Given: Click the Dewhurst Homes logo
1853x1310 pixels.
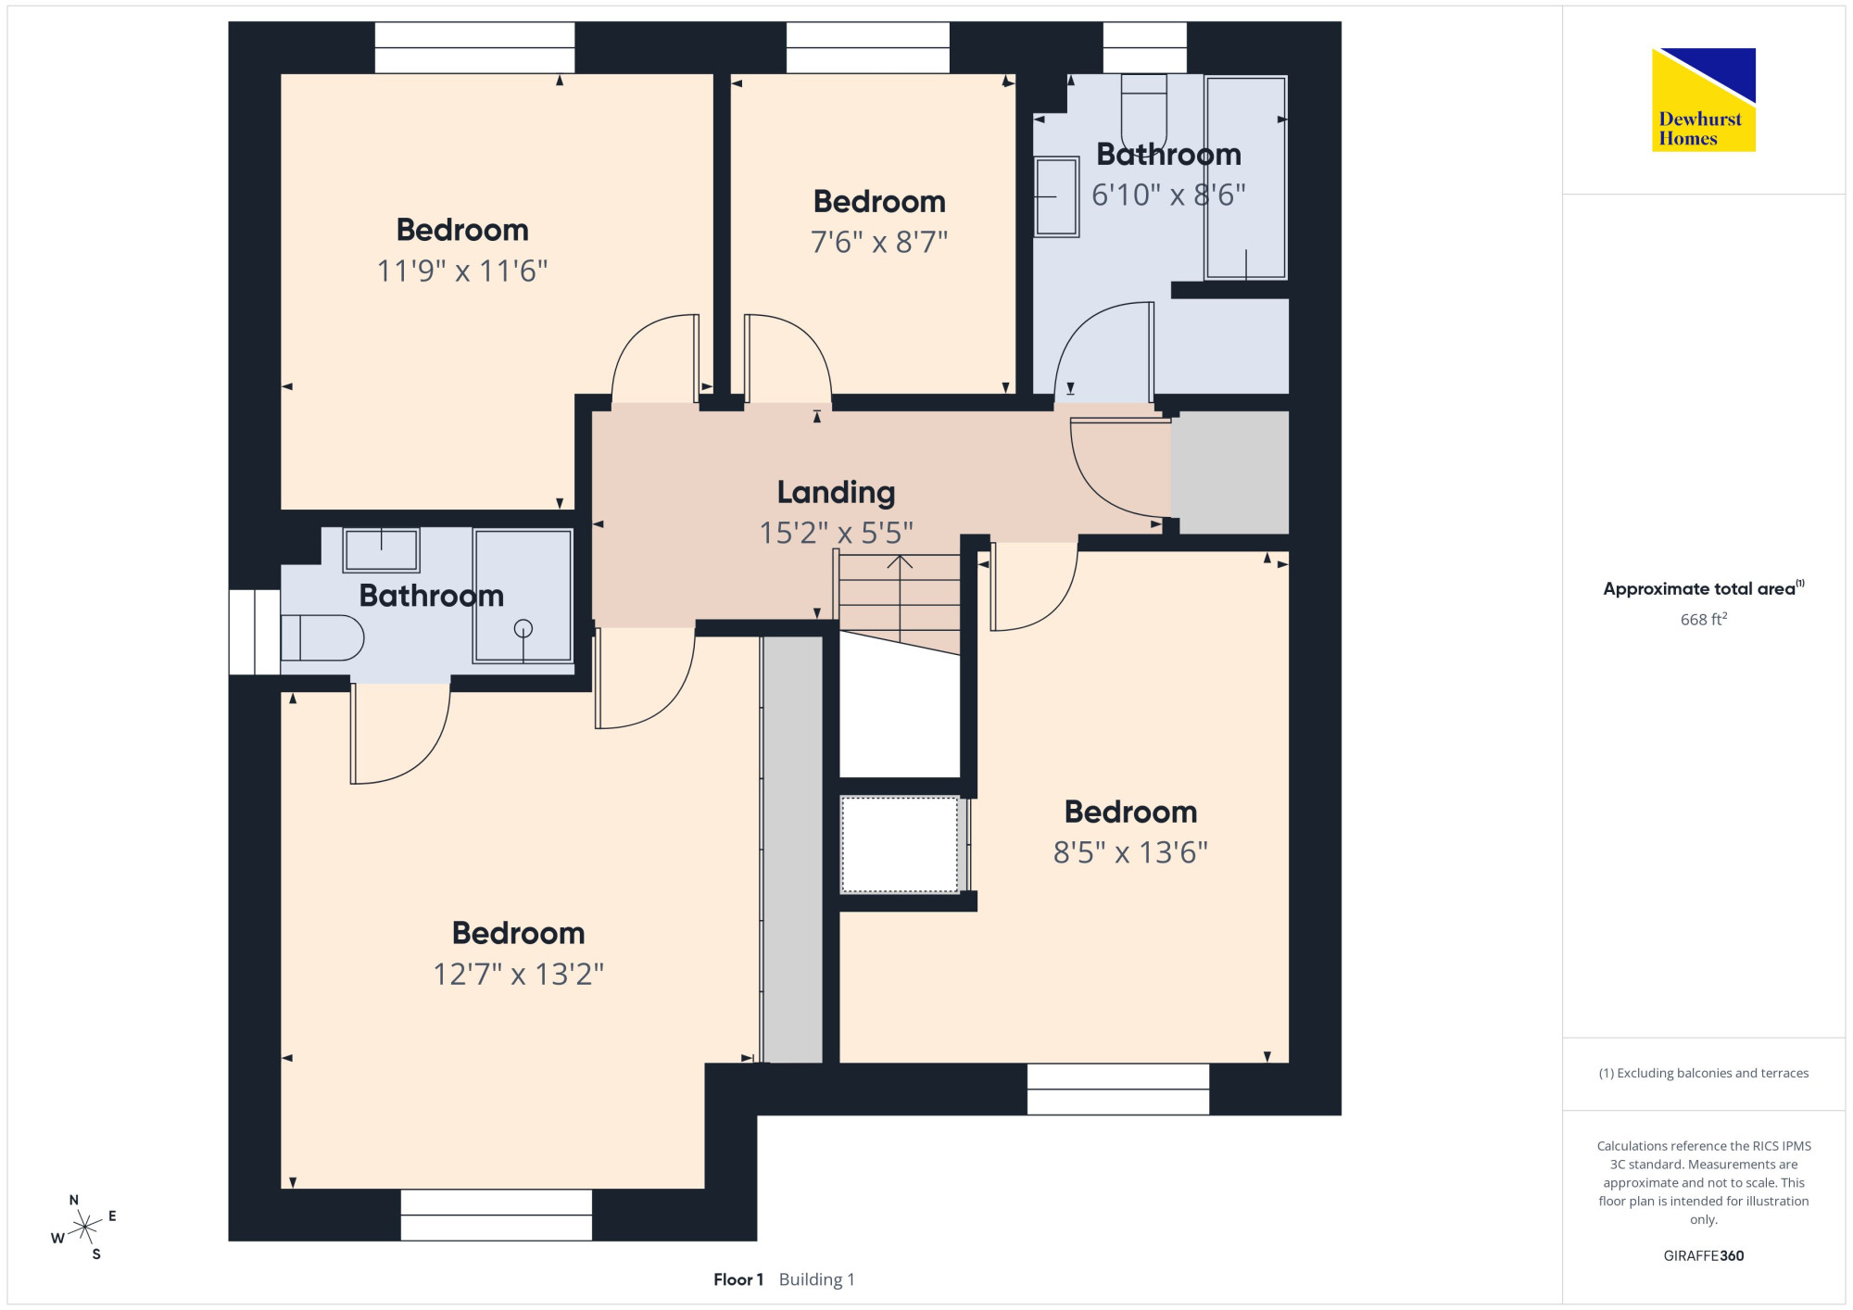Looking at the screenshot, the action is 1703,100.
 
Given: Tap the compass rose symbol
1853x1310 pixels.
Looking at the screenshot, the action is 84,1228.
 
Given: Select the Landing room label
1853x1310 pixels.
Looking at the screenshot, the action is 836,493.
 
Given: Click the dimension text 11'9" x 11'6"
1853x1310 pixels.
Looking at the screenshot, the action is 462,271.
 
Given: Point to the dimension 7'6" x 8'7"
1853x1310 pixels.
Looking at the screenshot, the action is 879,243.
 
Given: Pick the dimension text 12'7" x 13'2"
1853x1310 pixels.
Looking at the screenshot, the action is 519,975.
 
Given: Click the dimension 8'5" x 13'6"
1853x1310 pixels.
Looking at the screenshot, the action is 1130,852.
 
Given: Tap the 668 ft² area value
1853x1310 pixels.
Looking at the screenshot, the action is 1704,619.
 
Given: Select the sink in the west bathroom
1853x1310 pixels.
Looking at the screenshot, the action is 381,550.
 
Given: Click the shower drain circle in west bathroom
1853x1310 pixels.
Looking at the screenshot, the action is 523,629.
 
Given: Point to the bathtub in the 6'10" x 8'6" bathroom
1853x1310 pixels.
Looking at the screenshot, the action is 1245,177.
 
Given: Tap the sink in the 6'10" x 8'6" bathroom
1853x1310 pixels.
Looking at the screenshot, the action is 1056,196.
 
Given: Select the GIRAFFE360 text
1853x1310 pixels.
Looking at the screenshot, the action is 1703,1256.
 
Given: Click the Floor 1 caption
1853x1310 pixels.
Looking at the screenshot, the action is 738,1279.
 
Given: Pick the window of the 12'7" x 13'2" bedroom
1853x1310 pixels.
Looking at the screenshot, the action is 496,1215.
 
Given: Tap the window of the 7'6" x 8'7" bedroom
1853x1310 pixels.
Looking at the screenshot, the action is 868,47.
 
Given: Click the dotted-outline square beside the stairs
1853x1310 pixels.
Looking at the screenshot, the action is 900,844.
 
